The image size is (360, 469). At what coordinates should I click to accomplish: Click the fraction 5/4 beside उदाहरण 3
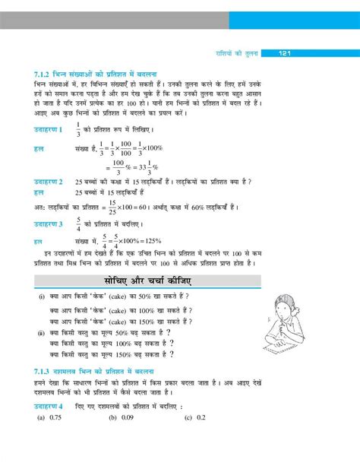78,225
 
